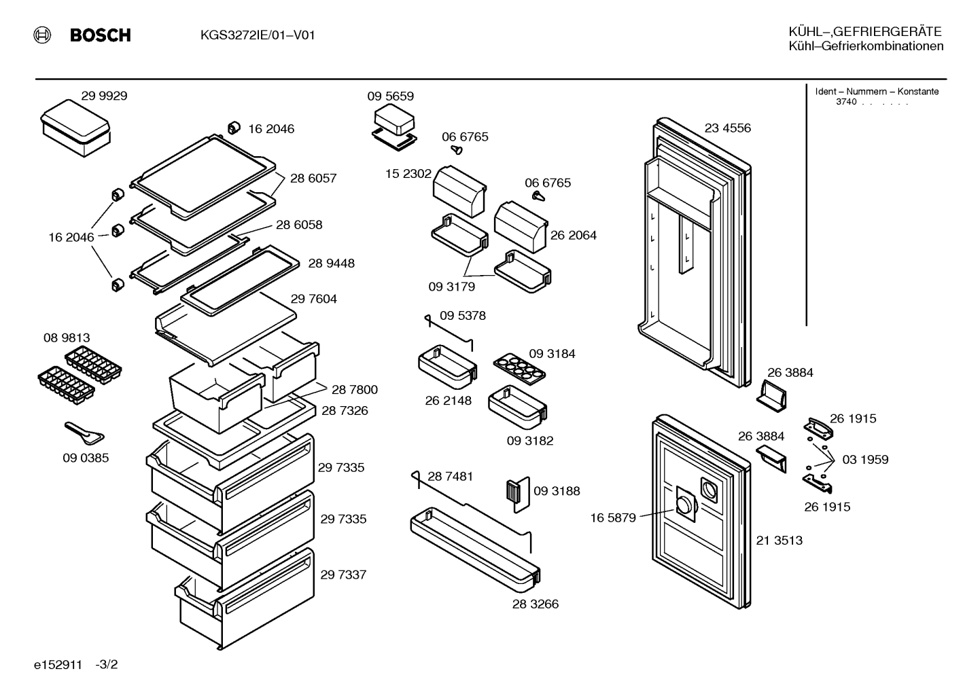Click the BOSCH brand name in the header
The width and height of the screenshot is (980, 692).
tap(101, 35)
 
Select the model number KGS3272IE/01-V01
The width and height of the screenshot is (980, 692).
tap(258, 35)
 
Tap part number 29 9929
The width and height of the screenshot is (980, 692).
tap(104, 96)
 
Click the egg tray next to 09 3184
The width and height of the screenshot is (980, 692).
tap(519, 369)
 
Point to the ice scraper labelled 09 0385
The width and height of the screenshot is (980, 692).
tap(84, 433)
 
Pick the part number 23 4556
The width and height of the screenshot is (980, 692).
tap(728, 128)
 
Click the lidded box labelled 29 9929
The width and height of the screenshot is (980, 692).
tap(75, 128)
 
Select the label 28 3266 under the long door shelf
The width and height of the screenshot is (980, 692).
tap(536, 604)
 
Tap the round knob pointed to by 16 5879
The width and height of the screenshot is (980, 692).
tap(684, 506)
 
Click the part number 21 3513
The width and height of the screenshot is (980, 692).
tap(780, 541)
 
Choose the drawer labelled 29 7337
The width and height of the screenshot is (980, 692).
tap(245, 598)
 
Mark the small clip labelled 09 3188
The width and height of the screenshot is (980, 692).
tap(518, 494)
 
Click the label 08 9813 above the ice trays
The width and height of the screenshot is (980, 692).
tap(67, 338)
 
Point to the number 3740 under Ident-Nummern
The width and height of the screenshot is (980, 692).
tap(846, 102)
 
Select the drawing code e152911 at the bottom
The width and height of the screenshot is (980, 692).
tap(58, 665)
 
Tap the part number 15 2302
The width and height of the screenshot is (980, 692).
tap(408, 174)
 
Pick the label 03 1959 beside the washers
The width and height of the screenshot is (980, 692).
tap(865, 460)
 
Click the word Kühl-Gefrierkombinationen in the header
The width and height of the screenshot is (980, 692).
tap(866, 46)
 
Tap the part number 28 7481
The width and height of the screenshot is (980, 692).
tap(450, 477)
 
